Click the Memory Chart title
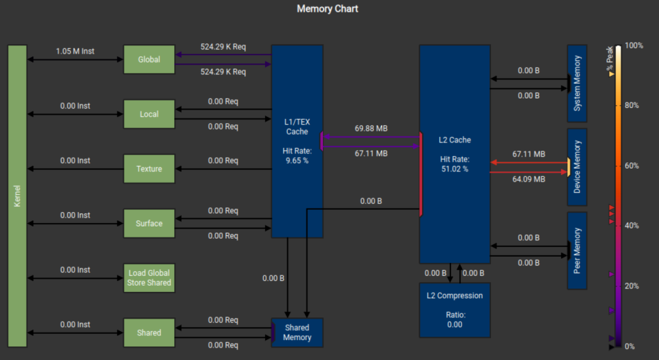327,9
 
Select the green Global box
149,60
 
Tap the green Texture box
149,169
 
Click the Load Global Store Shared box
149,278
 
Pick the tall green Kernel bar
17,196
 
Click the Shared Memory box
297,332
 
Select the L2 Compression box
454,310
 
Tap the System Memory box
577,83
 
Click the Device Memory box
577,167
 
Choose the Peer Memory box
577,251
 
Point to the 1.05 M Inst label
75,51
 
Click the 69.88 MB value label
371,129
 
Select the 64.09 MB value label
529,180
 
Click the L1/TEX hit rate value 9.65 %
297,161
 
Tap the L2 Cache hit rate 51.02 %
454,169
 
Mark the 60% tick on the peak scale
631,166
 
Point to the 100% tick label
634,45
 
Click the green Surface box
149,224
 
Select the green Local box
149,114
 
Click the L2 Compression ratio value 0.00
454,325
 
